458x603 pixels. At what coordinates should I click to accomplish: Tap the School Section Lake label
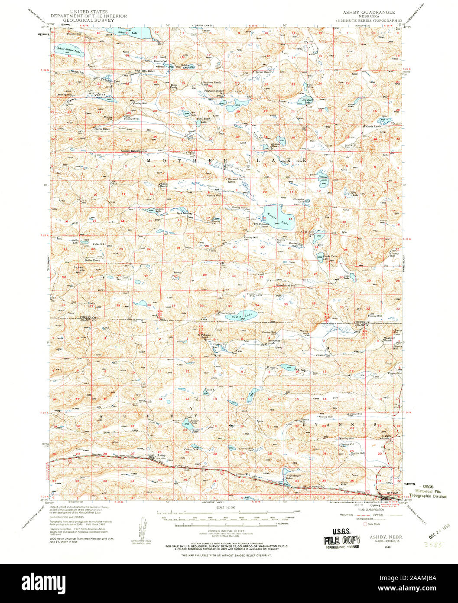point(68,50)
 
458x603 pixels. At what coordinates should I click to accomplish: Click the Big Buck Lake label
point(307,101)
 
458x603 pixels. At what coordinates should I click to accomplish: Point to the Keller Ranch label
point(93,260)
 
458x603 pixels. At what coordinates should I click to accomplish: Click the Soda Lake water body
point(352,276)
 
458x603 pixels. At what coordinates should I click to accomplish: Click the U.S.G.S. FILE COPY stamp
point(340,538)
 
